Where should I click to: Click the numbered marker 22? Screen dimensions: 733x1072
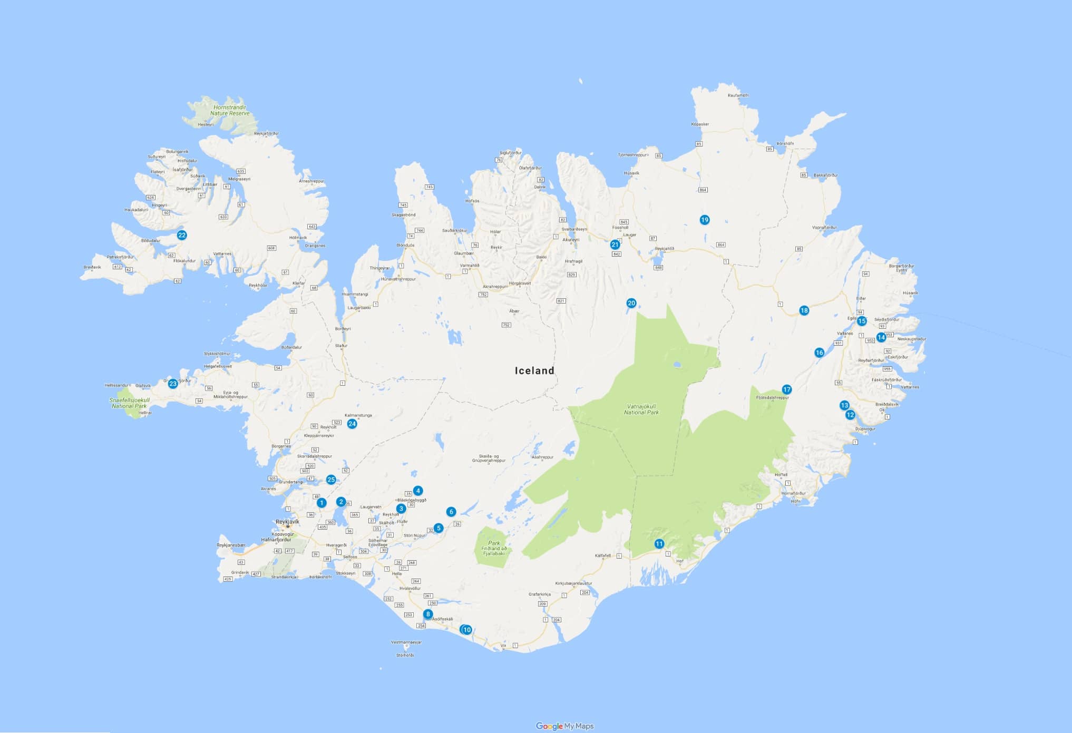tap(182, 235)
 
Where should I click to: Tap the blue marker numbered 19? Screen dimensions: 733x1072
tap(705, 220)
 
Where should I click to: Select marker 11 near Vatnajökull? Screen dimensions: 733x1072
tap(659, 544)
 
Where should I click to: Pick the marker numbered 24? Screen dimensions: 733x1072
tap(352, 424)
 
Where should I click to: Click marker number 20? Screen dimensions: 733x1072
tap(631, 303)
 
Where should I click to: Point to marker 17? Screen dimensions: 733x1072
tap(787, 389)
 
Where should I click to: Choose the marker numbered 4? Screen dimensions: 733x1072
tap(418, 491)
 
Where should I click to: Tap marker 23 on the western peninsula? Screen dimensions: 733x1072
tap(173, 384)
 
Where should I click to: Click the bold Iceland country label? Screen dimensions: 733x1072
tap(534, 370)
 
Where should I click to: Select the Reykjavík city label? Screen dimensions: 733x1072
tap(287, 522)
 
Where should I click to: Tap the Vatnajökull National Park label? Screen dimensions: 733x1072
tap(641, 409)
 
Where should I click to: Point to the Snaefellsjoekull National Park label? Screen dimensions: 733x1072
tap(130, 403)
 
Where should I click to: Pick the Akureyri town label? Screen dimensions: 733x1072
tap(571, 240)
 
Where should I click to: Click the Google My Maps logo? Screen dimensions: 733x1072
tap(564, 726)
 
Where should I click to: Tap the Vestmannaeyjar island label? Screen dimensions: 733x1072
tap(405, 642)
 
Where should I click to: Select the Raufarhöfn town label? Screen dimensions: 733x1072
tap(738, 95)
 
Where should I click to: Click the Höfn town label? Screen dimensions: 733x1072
tap(796, 501)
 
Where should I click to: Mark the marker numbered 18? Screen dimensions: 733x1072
tap(804, 310)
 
